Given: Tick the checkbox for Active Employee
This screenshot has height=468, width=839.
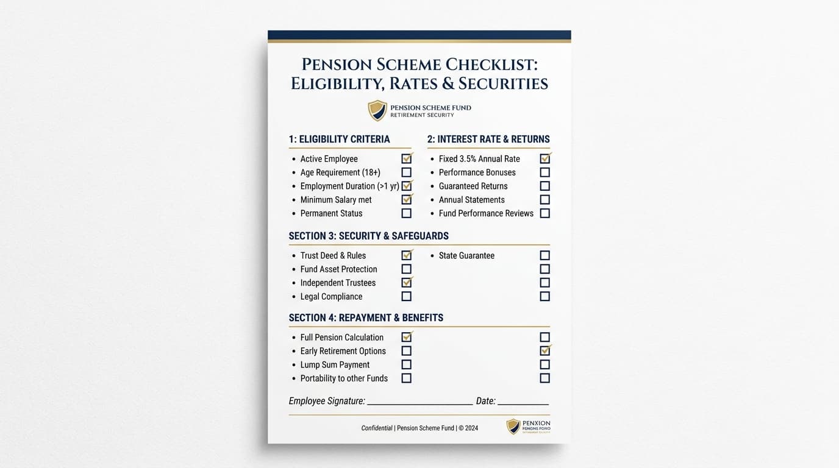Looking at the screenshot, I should [406, 158].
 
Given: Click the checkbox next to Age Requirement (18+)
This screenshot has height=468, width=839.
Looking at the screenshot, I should [406, 172].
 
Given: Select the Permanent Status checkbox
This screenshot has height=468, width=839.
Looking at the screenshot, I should [406, 213].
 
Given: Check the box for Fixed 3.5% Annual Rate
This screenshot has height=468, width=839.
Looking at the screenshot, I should [544, 158].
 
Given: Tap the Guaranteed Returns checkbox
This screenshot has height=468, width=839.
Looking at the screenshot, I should [544, 186].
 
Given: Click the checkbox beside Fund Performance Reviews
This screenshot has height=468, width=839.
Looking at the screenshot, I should [544, 213].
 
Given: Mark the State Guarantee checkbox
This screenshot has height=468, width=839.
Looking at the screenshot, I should [544, 255].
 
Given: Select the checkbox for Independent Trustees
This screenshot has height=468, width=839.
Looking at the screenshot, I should [406, 283].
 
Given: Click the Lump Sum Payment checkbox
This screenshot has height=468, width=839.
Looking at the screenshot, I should [406, 364].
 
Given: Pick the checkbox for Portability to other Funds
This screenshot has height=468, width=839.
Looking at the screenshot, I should [406, 378].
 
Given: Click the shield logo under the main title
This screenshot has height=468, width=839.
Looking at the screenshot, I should [377, 110].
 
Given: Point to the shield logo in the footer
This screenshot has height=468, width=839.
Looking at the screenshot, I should [513, 427].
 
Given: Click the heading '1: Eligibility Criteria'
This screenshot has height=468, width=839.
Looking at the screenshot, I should [339, 139].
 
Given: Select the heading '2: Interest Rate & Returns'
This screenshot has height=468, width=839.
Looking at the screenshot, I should [488, 139].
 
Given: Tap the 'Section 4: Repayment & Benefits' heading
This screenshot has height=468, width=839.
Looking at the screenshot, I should [366, 317].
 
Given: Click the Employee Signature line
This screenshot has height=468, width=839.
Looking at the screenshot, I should [419, 402].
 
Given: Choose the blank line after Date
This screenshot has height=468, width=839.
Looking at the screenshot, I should [523, 402].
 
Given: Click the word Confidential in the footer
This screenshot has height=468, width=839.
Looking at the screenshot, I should [377, 428].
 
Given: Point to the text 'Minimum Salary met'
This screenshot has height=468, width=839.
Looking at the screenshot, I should [336, 200].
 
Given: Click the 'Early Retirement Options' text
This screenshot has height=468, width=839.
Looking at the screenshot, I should [343, 351].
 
